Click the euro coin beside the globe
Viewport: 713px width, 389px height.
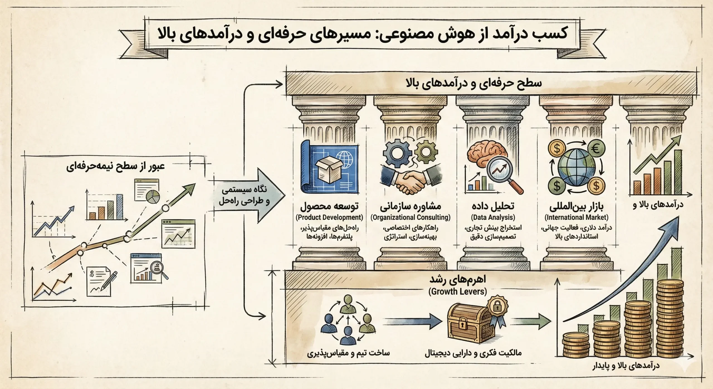(596, 149)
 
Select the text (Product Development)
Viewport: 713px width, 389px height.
(329, 217)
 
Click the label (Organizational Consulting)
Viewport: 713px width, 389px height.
(410, 217)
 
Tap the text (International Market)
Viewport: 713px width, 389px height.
(576, 217)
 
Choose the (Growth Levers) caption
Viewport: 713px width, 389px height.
(457, 291)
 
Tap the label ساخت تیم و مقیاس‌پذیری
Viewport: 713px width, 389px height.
(348, 353)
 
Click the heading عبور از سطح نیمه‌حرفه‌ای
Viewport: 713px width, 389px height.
(115, 166)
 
